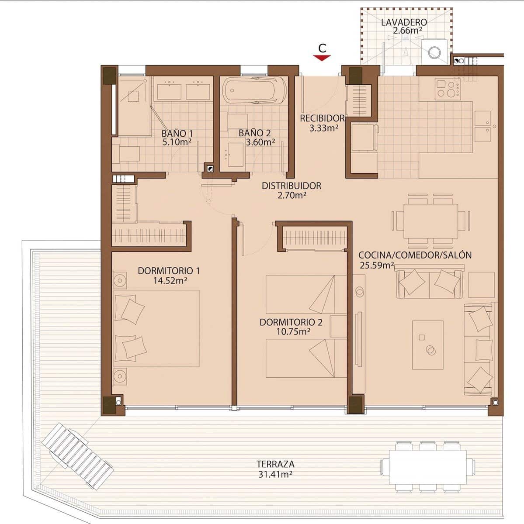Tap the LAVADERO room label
(x=403, y=22)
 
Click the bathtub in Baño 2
(x=255, y=90)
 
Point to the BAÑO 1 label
(x=177, y=133)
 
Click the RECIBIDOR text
(x=322, y=118)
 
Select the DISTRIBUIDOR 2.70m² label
(x=291, y=190)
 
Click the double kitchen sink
(x=483, y=126)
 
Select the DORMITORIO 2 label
(x=291, y=323)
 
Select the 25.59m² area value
(x=377, y=265)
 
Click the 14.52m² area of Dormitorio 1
(x=170, y=281)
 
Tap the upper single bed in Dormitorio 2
(x=306, y=294)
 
